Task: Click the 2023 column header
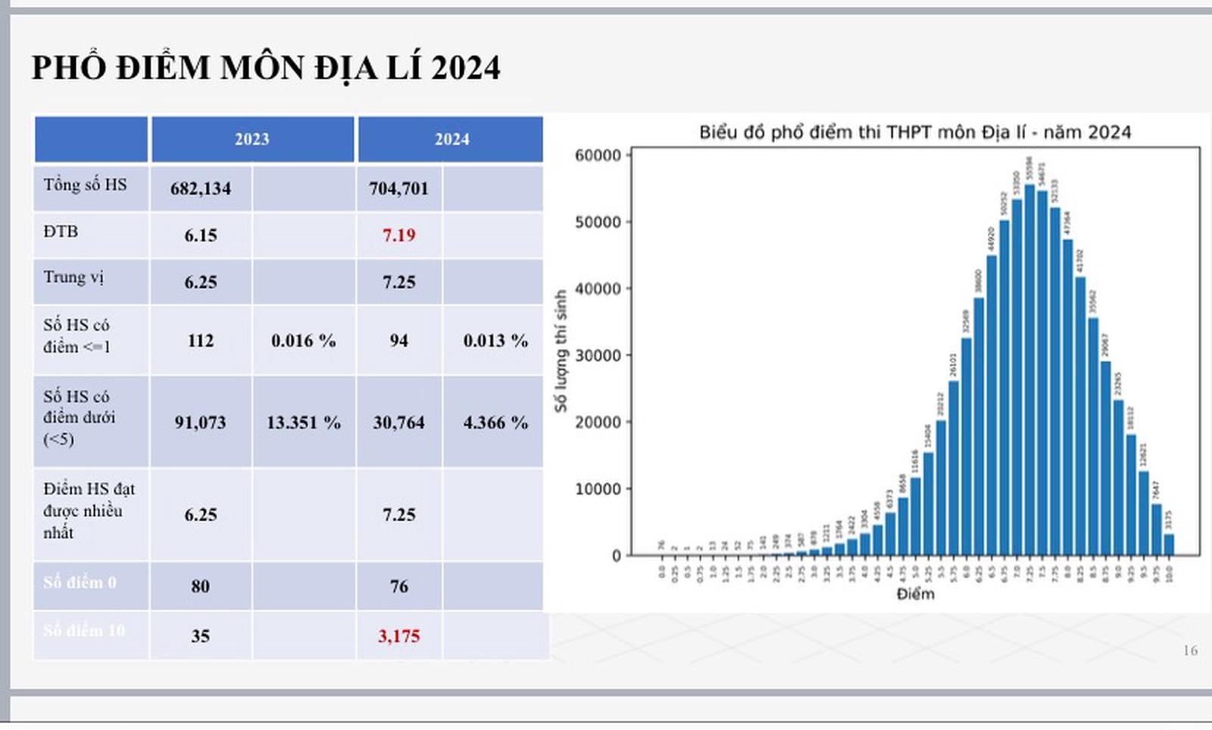251,139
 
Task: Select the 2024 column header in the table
451,139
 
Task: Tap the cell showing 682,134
201,189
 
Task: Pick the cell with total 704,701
399,189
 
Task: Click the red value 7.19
399,236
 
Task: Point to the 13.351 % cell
303,423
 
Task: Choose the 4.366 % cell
495,423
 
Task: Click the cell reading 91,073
201,423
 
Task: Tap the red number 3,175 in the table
399,636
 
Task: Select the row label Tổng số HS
85,185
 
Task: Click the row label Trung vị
73,277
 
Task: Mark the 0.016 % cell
303,341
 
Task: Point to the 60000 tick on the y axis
598,155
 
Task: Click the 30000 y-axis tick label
598,355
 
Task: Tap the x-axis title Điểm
915,594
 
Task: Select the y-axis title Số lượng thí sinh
561,351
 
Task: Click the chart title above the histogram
915,133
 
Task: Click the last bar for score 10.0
1169,544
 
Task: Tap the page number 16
1190,650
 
